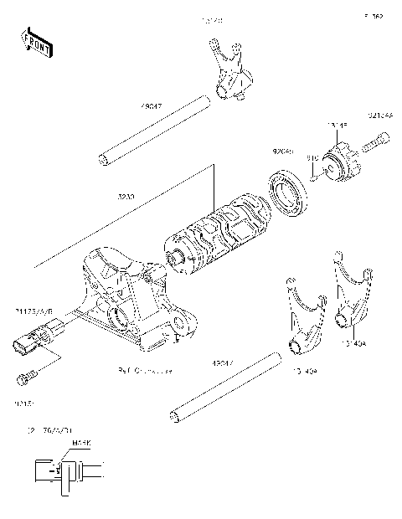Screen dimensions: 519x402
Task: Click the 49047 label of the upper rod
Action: (x=152, y=107)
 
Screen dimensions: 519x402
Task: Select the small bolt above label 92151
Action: (x=25, y=378)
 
